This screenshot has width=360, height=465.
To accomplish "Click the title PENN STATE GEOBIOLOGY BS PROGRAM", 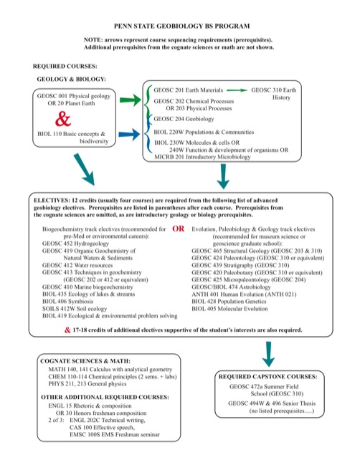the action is [181, 26].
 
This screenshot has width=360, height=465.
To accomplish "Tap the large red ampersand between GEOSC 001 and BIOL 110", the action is [63, 119].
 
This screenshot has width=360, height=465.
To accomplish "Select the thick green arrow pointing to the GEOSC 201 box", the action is [131, 100].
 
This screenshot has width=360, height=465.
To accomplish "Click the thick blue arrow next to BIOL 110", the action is [129, 134].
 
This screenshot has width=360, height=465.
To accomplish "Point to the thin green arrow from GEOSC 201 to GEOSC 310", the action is [237, 90].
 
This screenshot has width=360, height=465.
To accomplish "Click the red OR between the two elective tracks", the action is [178, 229].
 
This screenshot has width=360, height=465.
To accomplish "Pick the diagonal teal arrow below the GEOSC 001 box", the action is [84, 169].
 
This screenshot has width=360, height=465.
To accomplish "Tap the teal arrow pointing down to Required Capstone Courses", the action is [268, 354].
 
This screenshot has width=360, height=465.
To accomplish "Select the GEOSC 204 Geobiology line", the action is [184, 119].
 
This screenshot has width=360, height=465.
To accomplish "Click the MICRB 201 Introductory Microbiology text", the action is [202, 157].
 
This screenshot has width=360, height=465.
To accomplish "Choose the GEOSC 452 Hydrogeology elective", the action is [75, 244].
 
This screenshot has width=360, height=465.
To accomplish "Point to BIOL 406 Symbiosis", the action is [67, 302].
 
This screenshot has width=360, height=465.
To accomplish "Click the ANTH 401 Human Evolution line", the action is [244, 294].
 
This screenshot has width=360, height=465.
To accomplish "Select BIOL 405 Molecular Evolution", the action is [229, 309].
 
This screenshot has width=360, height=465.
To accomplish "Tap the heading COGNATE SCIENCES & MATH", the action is [85, 361].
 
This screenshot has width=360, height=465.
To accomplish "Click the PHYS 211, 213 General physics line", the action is [87, 384].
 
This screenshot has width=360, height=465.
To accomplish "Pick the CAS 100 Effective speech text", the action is [102, 427].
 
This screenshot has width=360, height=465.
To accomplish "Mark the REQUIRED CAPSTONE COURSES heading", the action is [268, 377].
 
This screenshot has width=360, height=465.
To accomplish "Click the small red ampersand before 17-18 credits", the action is [67, 330].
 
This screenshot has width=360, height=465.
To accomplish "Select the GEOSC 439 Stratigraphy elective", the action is [240, 265].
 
